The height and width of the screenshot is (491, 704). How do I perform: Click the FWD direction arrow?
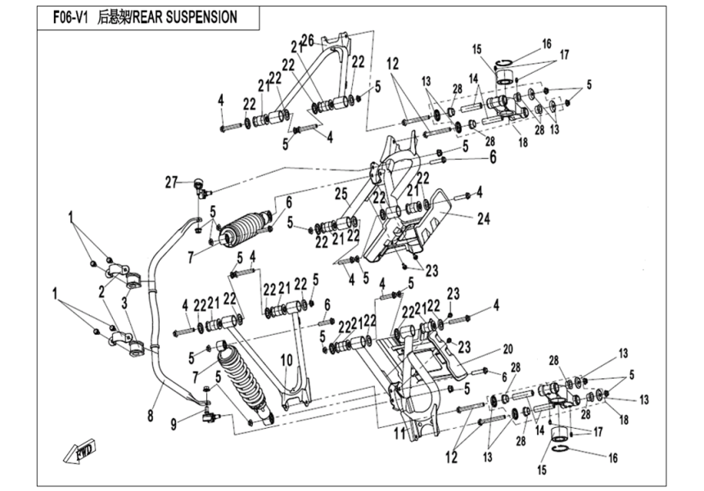(x=84, y=451)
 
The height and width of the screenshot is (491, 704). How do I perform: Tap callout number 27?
(x=170, y=182)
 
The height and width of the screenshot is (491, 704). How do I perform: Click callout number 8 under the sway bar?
(x=150, y=416)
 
